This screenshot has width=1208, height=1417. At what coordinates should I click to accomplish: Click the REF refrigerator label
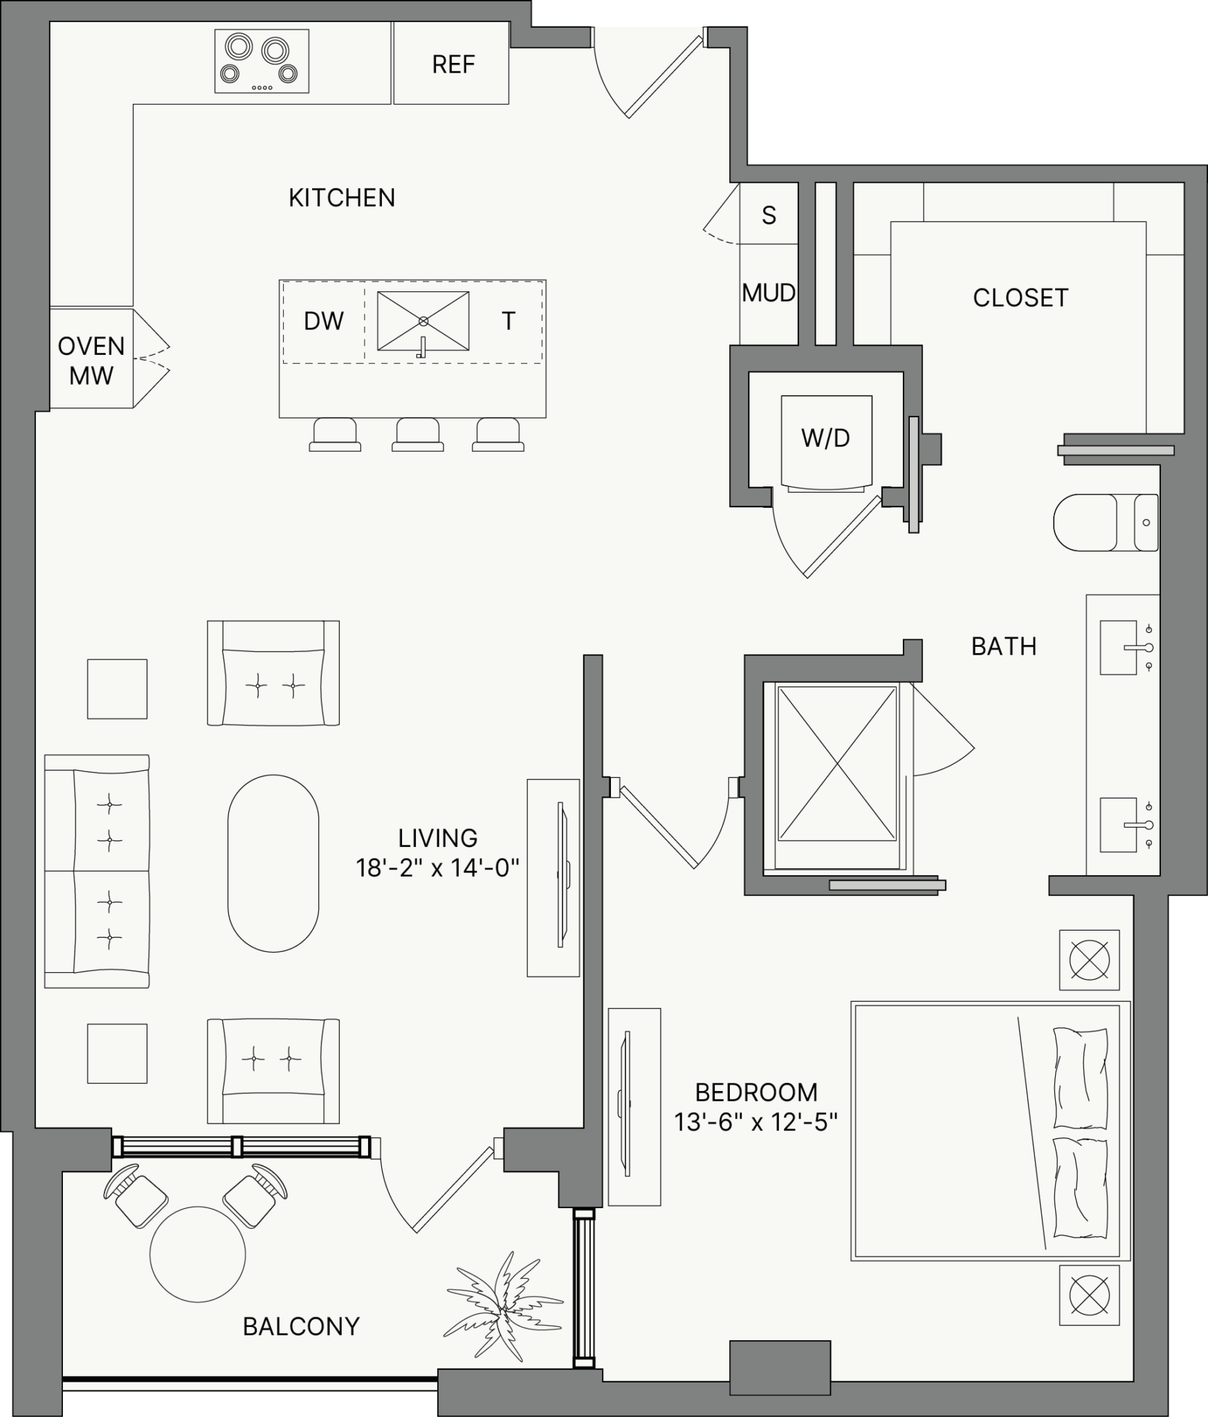(x=453, y=64)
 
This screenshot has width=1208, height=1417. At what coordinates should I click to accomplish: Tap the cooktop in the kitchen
(x=262, y=61)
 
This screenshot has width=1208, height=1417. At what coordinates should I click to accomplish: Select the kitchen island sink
(x=423, y=322)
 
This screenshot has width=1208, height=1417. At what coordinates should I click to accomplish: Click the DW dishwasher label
(x=324, y=321)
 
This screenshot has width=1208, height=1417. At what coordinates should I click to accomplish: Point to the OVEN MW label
(x=91, y=360)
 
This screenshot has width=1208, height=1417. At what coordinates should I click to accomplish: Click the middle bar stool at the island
(x=417, y=435)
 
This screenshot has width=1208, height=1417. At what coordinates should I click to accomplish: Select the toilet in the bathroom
(x=1106, y=522)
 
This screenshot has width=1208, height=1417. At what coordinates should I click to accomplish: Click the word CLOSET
(x=1021, y=298)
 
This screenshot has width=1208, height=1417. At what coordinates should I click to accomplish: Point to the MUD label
(x=769, y=293)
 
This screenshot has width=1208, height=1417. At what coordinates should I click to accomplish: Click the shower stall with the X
(x=837, y=762)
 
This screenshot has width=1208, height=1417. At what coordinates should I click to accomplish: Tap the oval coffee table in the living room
(x=273, y=863)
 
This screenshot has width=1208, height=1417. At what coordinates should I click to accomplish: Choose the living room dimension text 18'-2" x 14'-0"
(x=437, y=868)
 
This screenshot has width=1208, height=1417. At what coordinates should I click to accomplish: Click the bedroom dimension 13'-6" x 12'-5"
(x=756, y=1122)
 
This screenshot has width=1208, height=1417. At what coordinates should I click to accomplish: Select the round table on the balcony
(x=198, y=1254)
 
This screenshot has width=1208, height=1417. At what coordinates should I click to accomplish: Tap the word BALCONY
(x=301, y=1326)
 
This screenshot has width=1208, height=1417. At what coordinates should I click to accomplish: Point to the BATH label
(x=1004, y=646)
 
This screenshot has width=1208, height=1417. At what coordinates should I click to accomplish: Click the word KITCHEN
(x=342, y=198)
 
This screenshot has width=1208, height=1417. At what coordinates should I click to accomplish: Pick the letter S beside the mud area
(x=769, y=216)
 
